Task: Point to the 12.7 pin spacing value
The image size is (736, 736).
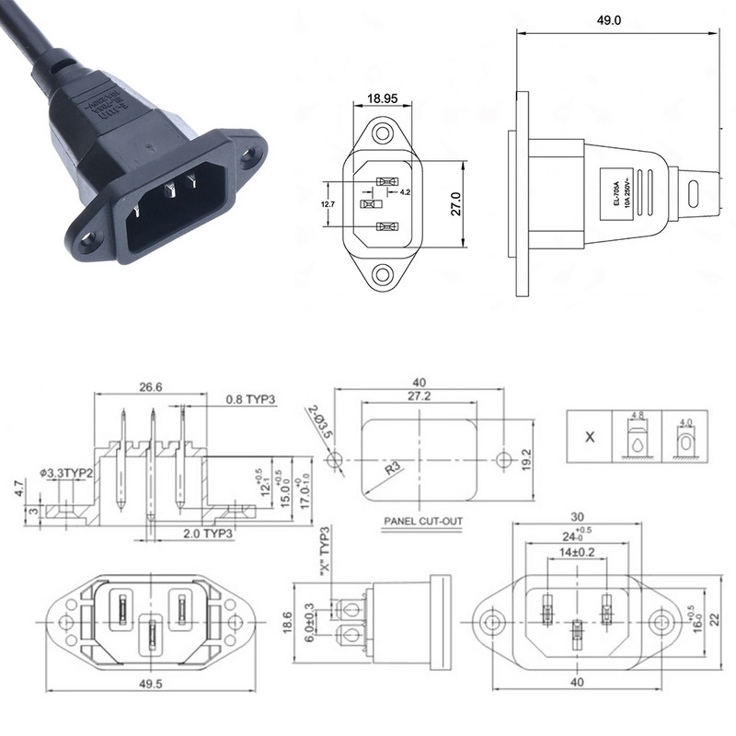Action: pos(327,203)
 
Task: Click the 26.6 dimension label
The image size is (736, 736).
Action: pos(151,387)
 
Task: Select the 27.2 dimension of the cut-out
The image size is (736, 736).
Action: pos(419,396)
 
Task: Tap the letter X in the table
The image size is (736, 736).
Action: pos(591,437)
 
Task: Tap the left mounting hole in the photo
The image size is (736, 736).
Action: pos(88,244)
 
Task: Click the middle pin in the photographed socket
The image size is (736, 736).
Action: pos(169,191)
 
